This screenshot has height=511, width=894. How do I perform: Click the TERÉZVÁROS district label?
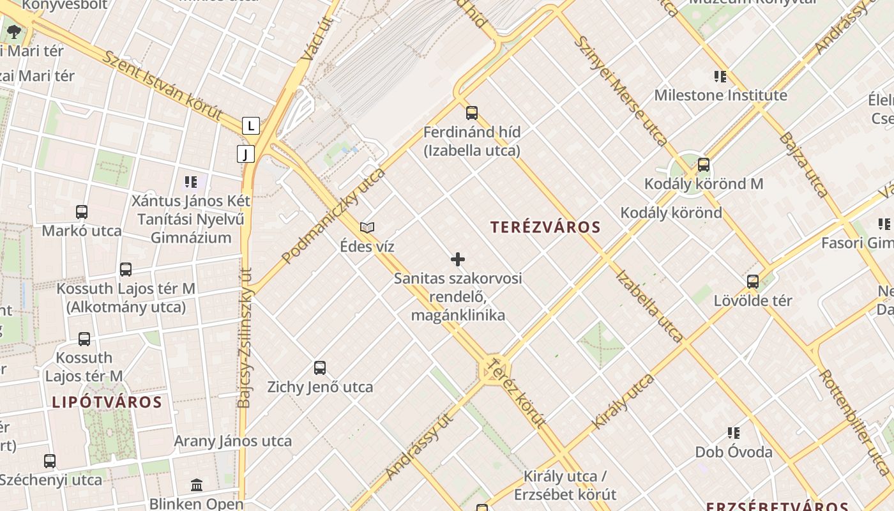coord(545,227)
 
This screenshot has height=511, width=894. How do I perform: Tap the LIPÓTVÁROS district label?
coord(107,402)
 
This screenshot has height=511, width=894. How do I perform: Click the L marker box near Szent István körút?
coord(251,126)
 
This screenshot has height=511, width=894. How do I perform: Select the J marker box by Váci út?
coord(245,154)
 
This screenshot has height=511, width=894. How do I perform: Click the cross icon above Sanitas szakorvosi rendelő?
coord(458,259)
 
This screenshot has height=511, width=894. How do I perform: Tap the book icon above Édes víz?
coord(367,227)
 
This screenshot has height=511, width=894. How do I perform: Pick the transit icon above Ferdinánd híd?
coord(472,113)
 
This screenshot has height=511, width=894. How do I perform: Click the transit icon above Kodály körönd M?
coord(704,165)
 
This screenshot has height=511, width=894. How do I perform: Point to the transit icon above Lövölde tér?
coord(753,281)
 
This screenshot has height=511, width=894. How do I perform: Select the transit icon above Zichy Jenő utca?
coord(320,368)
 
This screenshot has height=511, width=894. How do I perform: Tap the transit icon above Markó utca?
coord(82,211)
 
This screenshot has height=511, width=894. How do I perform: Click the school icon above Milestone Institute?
coord(720,77)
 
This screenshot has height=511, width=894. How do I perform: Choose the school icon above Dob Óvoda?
coord(734,433)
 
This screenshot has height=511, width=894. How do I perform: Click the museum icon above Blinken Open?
coord(197,485)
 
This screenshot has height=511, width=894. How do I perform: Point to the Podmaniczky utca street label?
coord(333,216)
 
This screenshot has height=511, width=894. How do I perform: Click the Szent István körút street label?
coord(163,86)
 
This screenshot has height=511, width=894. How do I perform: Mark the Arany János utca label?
coord(233,441)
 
